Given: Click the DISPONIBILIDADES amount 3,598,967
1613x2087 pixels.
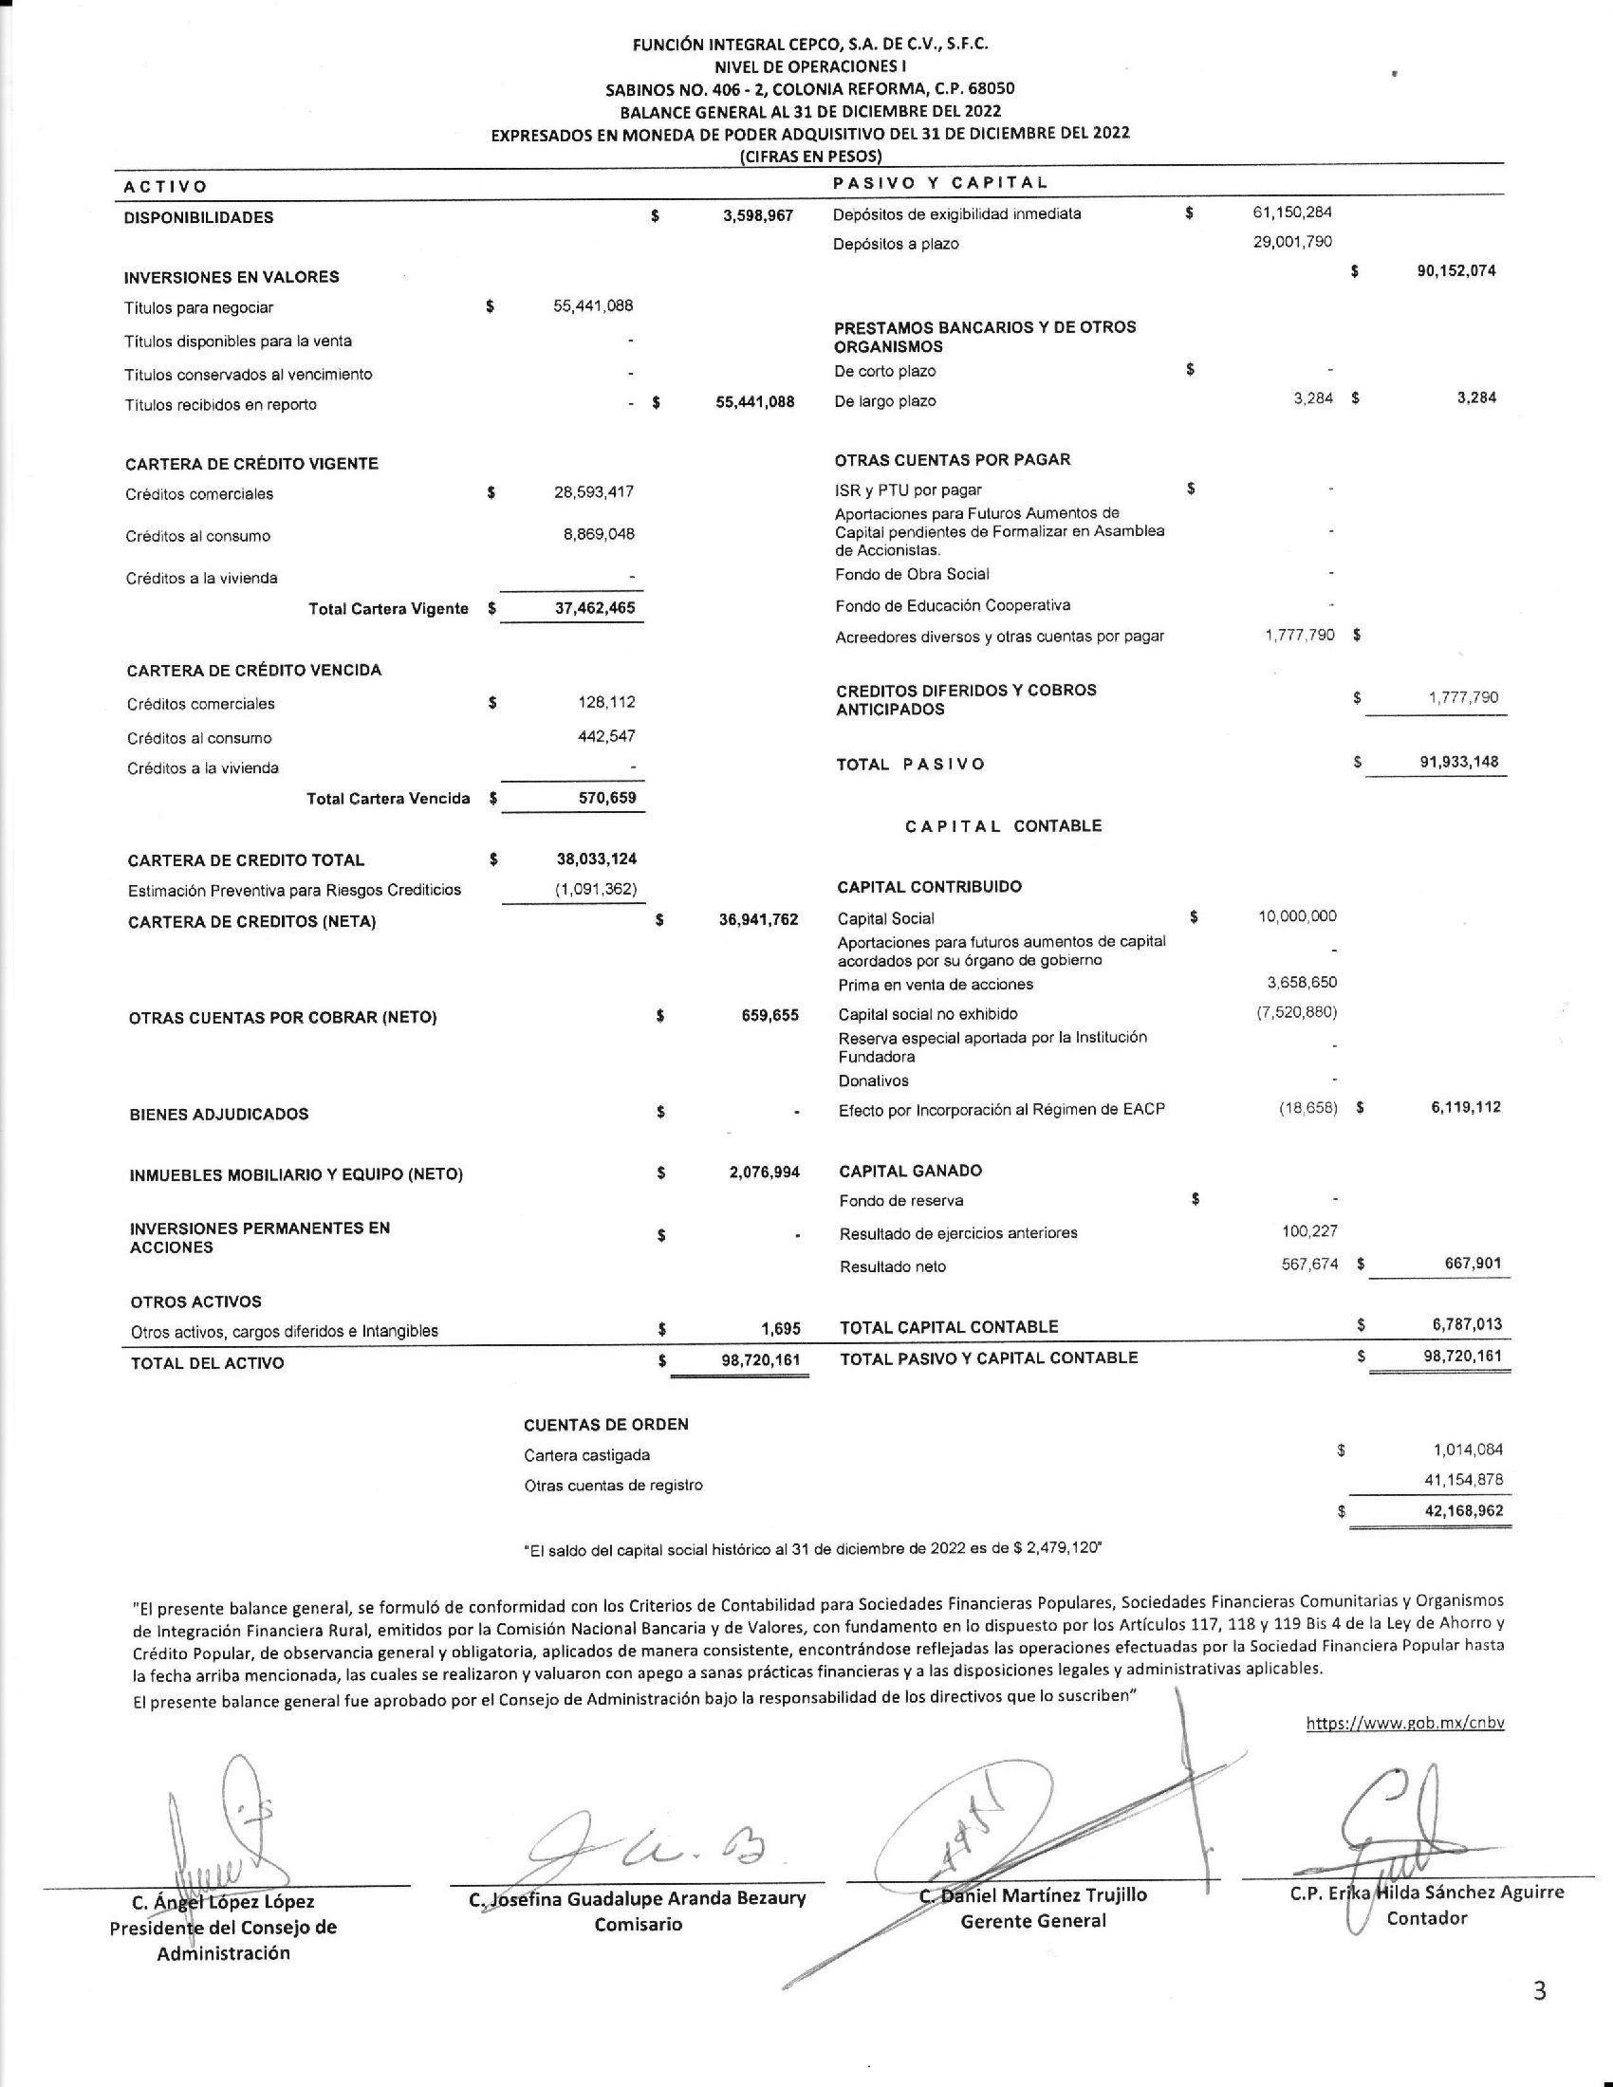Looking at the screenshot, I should coord(758,216).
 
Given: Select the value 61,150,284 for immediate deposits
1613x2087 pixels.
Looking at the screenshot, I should coord(1292,212).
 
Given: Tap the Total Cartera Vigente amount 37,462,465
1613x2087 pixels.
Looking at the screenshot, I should coord(594,608).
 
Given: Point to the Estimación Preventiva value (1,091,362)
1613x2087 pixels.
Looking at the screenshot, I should coord(595,890).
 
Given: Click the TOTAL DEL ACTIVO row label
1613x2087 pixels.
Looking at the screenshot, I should coord(208,1362).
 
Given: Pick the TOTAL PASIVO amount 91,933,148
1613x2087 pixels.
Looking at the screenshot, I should coord(1458,763).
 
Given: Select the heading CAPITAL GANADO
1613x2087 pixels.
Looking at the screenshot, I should coord(910,1171).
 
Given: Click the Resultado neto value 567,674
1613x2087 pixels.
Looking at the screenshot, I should coord(1309,1265).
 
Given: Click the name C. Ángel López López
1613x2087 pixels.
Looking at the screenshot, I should coord(223,1903).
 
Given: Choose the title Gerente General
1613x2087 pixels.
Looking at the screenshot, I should coord(1033,1921).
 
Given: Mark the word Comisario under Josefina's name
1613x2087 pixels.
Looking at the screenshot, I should coord(638,1924).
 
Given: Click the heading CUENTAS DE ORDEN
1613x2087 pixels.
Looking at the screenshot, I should coord(606,1425).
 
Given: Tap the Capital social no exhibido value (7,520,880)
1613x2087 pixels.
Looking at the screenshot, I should coord(1296,1012).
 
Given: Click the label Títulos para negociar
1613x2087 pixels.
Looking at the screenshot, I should coord(198,307).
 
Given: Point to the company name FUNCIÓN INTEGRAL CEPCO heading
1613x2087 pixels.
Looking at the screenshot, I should coord(810,44).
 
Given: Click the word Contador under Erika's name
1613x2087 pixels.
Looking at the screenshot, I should coord(1427,1918).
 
